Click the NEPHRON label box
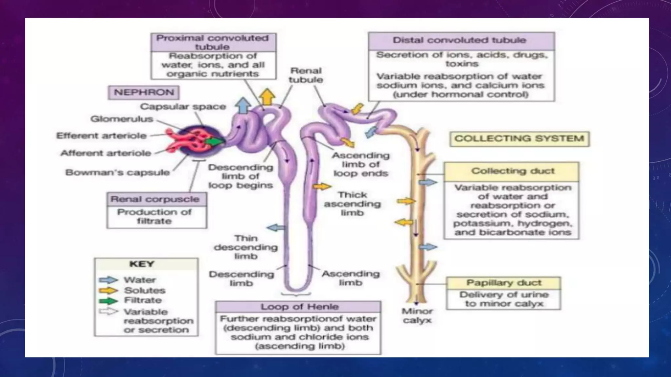(x=144, y=92)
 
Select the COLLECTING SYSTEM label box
(x=519, y=139)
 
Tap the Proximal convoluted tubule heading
(x=213, y=42)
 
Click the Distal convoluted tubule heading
(x=461, y=41)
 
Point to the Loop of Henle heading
(x=299, y=307)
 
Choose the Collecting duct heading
(x=512, y=171)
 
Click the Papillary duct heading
(x=504, y=283)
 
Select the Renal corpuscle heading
(x=155, y=199)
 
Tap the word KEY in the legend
(x=142, y=264)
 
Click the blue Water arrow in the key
(x=108, y=280)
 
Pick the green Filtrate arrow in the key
(x=108, y=300)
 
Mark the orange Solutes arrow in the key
(x=108, y=290)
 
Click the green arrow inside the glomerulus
(x=215, y=142)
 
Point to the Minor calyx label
(x=417, y=316)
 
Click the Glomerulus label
(x=122, y=119)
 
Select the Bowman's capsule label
(x=117, y=172)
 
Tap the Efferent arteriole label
(x=101, y=136)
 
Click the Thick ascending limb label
(x=352, y=204)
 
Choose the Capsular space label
(x=183, y=107)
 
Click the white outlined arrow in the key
(x=108, y=312)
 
